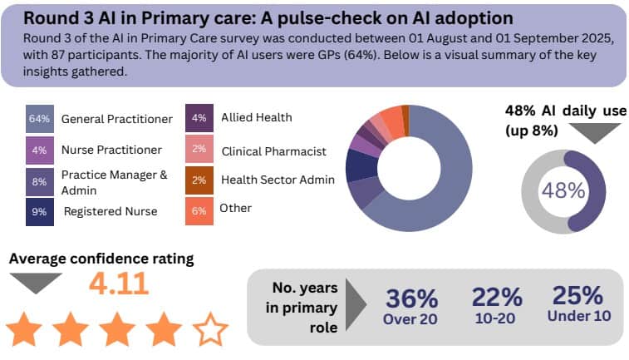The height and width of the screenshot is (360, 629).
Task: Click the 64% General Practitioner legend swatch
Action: tap(40, 119)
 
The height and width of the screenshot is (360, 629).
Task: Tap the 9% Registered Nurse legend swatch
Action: tap(40, 210)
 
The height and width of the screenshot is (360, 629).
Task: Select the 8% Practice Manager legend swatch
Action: tap(40, 180)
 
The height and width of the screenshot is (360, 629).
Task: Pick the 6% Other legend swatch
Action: tap(199, 210)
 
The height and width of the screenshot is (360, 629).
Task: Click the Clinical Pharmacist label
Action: tap(273, 151)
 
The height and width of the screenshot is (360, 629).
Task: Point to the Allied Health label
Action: tap(256, 117)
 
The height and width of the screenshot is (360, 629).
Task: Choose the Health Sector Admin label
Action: tap(278, 180)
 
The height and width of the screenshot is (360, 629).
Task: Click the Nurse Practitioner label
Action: tap(111, 150)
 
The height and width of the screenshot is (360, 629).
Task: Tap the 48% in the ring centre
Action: tap(563, 190)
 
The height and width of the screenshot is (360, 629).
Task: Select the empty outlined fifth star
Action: tap(211, 329)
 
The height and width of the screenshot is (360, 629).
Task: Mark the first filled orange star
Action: tap(24, 329)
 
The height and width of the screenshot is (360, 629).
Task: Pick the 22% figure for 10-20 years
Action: tap(496, 297)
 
